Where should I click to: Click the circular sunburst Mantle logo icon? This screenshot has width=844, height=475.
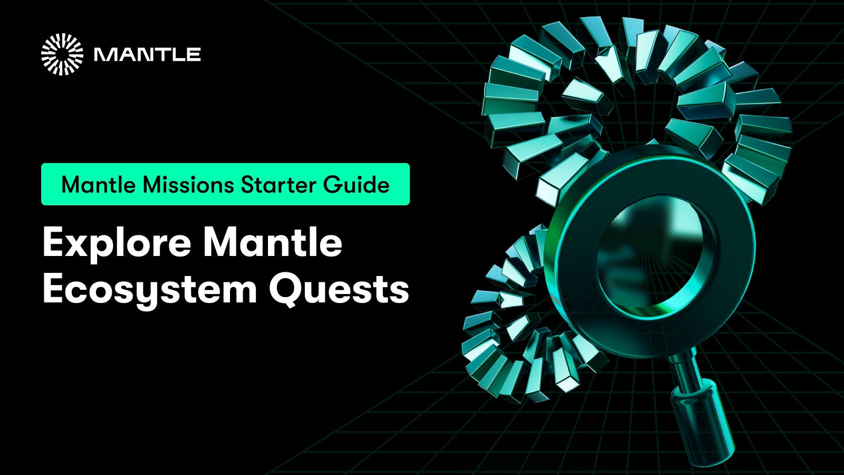62,54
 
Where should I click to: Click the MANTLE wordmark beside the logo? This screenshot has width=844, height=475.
147,54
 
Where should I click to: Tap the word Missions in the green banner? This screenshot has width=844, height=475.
188,185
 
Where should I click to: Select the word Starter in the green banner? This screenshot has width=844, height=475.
279,185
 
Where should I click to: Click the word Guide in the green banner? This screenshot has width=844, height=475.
357,185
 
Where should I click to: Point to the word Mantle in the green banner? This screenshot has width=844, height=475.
99,185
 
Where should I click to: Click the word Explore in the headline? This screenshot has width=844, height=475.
117,243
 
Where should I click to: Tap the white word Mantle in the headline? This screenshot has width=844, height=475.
273,243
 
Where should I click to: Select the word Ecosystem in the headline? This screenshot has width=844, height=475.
150,289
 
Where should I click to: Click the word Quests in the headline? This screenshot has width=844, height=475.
339,289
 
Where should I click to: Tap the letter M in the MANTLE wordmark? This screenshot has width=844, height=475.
104,54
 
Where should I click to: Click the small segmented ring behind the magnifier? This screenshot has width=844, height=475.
506,338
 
